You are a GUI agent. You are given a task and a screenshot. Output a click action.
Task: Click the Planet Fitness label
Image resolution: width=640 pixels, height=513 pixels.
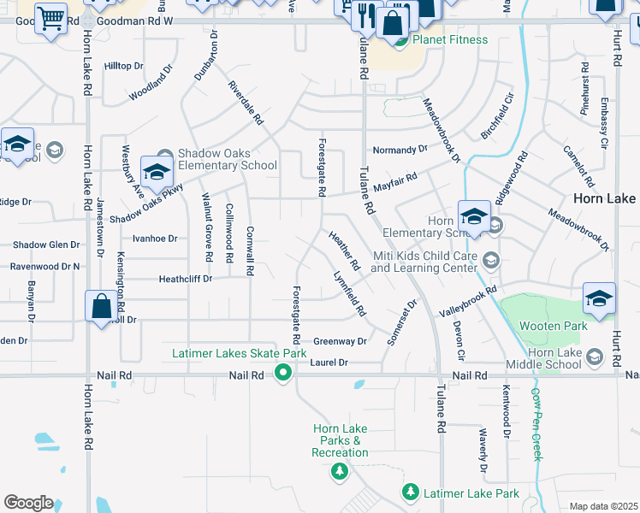coord(450,39)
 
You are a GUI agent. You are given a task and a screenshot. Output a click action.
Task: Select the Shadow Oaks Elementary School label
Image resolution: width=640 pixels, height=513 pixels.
coord(227,159)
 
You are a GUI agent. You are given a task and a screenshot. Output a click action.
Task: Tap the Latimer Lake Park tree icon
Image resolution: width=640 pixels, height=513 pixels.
coord(411,493)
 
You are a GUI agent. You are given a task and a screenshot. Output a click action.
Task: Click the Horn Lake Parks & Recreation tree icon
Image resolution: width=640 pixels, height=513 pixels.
coord(341,471)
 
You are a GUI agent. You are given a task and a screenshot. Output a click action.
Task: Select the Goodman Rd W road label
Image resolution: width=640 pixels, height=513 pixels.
coord(134,21)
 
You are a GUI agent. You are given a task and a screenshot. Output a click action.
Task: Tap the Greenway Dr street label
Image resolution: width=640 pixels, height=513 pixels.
coord(340,341)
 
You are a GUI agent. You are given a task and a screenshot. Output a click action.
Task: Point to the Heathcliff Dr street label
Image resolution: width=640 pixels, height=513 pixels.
coord(185,279)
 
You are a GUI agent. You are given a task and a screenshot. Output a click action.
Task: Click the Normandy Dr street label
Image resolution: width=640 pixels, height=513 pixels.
coord(400,149)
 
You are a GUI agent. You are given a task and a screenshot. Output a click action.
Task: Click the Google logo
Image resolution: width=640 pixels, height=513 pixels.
coord(28,503)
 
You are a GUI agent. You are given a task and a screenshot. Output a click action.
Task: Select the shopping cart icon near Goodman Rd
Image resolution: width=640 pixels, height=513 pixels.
coord(50,18)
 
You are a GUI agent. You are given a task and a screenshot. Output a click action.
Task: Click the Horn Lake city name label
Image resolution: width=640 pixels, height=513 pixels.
coord(603,198)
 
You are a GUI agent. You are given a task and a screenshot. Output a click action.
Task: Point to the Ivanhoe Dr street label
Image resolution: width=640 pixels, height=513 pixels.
coord(154,239)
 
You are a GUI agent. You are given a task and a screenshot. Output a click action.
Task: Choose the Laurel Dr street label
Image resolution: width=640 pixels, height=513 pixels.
coord(329,363)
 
